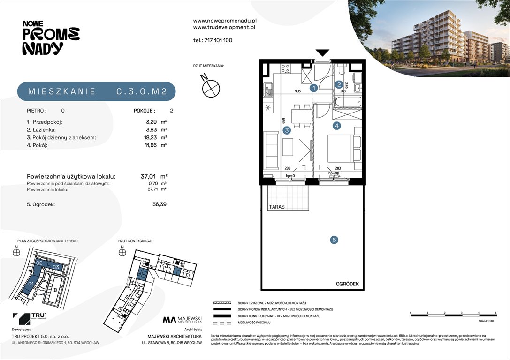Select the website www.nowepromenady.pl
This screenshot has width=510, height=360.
point(224,21)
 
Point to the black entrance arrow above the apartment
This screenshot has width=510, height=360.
point(323,52)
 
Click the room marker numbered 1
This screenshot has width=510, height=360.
point(314,87)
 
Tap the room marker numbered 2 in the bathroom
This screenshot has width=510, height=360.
point(339,84)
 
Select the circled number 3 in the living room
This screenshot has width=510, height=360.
point(287,131)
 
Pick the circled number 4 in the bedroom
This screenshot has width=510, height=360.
point(336,126)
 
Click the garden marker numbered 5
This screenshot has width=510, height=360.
point(334,240)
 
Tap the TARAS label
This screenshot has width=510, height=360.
point(277,206)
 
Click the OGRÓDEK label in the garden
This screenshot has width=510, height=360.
point(347,284)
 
